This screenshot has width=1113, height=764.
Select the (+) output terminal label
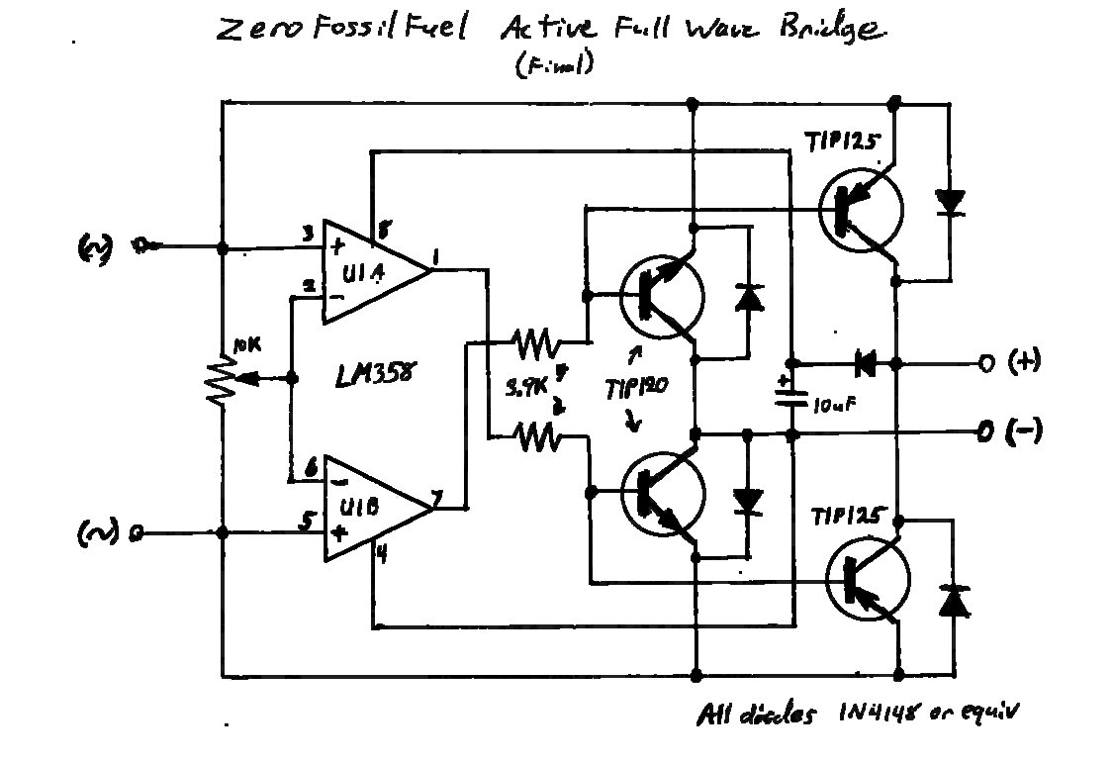pos(1026,362)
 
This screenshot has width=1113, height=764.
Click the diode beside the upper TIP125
pos(951,203)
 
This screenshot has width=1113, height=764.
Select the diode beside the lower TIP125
pos(954,601)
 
